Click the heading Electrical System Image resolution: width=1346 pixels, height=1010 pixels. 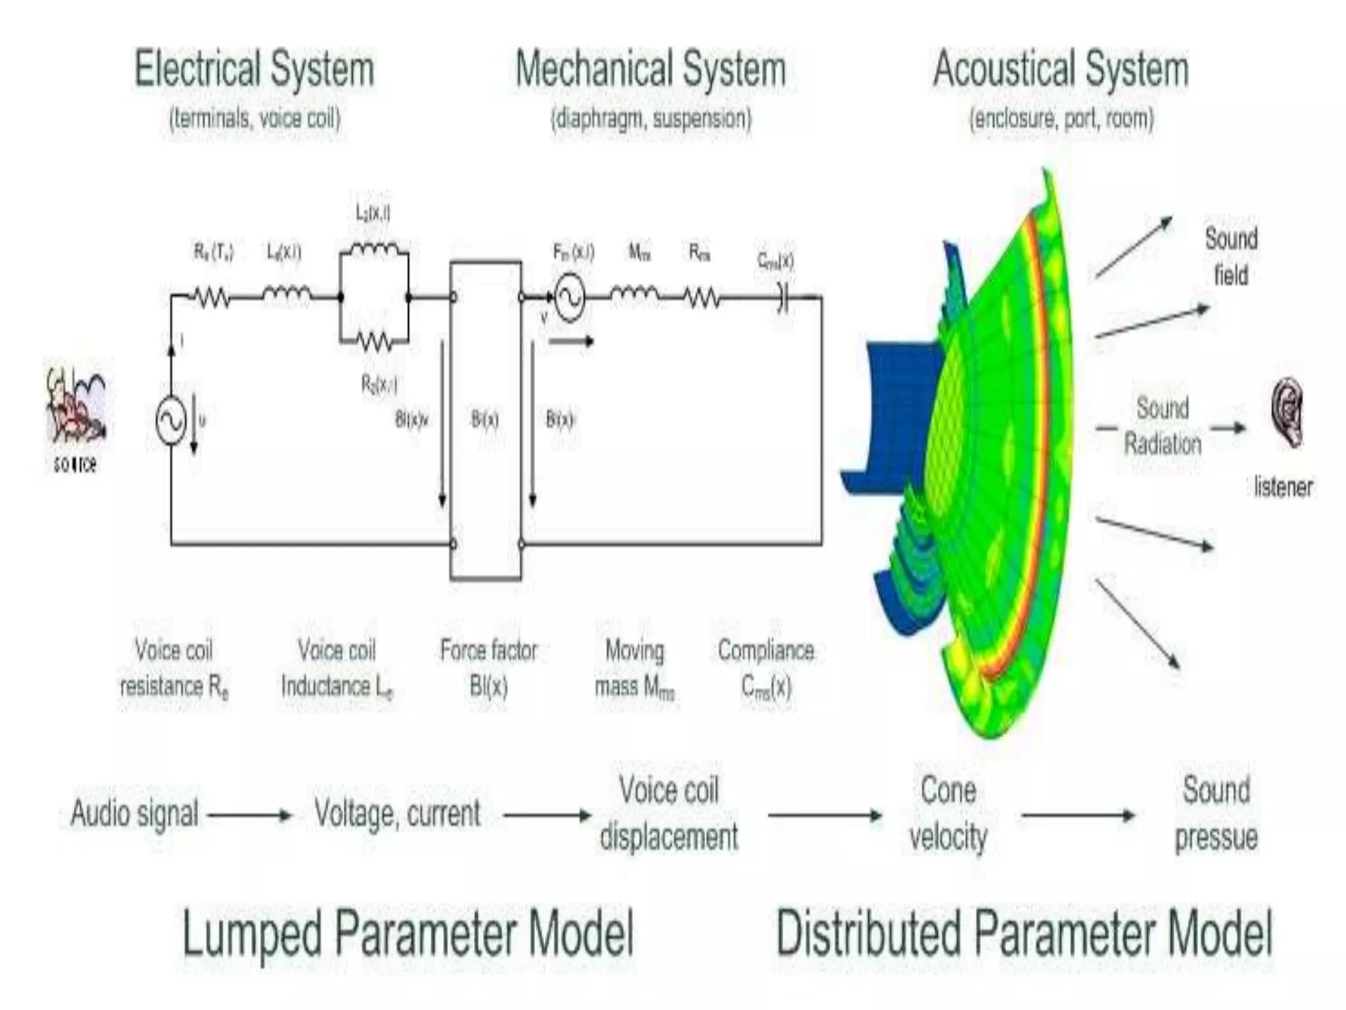(254, 69)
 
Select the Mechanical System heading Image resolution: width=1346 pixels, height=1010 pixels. (650, 69)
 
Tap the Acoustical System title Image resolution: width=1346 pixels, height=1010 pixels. (1061, 69)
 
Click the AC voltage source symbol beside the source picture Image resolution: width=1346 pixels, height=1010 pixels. (171, 421)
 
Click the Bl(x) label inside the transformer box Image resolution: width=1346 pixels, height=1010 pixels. (485, 420)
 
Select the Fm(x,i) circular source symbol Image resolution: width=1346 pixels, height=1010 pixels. (569, 299)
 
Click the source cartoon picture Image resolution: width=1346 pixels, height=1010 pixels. (74, 404)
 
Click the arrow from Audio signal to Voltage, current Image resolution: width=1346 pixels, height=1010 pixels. (249, 815)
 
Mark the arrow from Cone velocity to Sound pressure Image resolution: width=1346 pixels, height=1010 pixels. (1078, 815)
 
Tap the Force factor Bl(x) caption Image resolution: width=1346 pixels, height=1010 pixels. (488, 668)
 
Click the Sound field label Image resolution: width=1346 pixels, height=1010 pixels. (1231, 256)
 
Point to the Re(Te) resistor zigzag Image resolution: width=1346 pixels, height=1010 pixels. (212, 298)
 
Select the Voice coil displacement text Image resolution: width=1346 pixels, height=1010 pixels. (668, 813)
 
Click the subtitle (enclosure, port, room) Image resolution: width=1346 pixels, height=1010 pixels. (1061, 119)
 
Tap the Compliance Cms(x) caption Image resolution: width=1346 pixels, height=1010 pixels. (766, 668)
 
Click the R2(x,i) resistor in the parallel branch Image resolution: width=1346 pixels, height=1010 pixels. (375, 342)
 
